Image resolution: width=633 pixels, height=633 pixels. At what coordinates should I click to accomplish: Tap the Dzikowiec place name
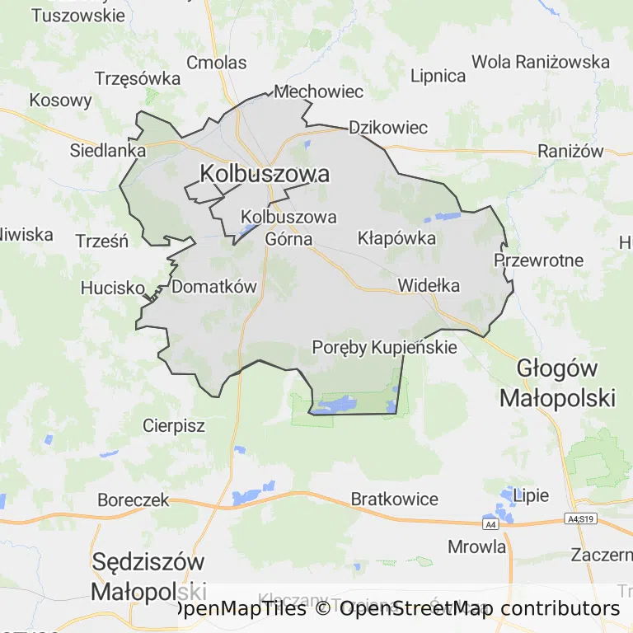coord(388,128)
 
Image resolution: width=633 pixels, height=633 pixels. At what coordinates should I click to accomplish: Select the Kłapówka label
coord(396,238)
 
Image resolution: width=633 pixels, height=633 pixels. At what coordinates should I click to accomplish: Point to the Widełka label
coord(429,285)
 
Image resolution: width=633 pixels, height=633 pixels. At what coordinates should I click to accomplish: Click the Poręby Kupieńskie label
coord(384,347)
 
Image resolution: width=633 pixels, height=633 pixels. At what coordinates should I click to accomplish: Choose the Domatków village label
coord(214,287)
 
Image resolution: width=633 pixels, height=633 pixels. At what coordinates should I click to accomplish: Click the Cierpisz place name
coord(174,426)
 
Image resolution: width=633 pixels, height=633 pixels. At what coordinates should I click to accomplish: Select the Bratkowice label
coord(395,499)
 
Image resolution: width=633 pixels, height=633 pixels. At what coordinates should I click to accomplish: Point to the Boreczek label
coord(133,499)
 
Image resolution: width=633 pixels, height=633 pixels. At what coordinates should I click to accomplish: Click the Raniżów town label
coord(570,151)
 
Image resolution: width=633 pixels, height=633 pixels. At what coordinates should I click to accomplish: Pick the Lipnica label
coord(438,76)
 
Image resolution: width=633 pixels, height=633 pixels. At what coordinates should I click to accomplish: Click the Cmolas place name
coord(217,63)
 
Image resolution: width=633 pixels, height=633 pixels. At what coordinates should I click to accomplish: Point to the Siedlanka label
coord(108,151)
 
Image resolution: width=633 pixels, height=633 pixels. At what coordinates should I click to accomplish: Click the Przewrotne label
coord(538,260)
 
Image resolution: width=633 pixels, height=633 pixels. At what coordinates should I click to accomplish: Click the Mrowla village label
coord(477,546)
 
